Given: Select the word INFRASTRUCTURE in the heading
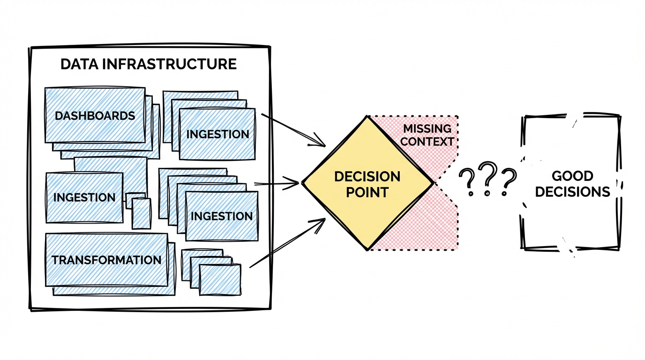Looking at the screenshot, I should (x=169, y=64).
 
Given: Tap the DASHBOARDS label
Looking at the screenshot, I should (x=95, y=116).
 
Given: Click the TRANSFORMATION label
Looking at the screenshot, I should (x=106, y=260).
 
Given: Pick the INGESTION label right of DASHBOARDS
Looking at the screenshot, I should (x=217, y=134).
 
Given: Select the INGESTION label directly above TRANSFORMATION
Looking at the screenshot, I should (x=84, y=197).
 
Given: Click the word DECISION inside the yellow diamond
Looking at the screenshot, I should (x=367, y=177).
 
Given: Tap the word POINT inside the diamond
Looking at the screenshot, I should (x=367, y=192).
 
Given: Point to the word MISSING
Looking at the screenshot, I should (x=427, y=128).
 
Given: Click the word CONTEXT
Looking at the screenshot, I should (x=427, y=141).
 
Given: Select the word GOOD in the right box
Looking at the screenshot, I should (x=572, y=176).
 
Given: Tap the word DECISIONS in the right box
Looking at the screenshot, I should (x=572, y=192).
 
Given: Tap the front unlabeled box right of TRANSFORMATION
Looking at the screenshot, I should (x=220, y=280).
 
